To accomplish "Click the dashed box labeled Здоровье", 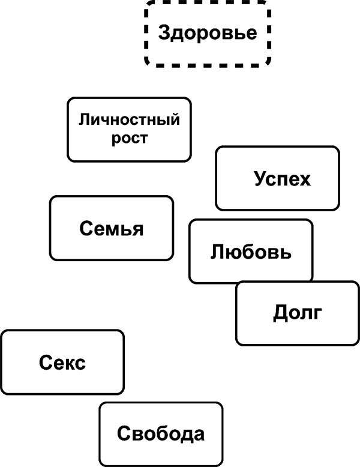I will pos(207,32).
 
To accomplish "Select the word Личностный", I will pos(129,119).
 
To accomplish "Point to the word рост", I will pos(129,138).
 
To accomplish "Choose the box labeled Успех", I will pos(277,178).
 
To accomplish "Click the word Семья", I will pos(112,228).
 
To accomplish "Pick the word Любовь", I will pos(251,252).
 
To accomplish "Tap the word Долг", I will pos(298,313).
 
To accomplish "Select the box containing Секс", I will pos(62,363).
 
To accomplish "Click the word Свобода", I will pos(161,433).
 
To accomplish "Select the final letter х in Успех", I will pos(305,179).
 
